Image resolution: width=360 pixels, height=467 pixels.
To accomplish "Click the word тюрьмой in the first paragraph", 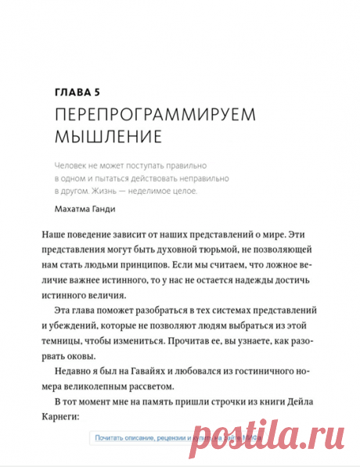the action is pyautogui.click(x=207, y=250).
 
